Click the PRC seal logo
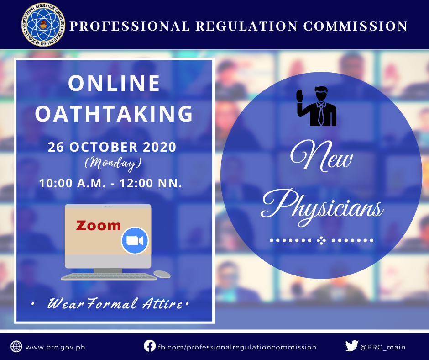point(43,25)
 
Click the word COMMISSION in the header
point(356,26)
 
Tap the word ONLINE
point(114,83)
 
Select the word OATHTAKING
point(114,113)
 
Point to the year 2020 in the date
point(160,147)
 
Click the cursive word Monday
point(113,164)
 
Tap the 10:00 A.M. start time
point(72,183)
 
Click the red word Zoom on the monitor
point(99,226)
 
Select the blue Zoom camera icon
point(135,241)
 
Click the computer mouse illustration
point(162,274)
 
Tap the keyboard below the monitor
point(109,276)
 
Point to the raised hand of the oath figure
point(300,96)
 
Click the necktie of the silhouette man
point(321,115)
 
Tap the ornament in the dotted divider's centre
point(321,241)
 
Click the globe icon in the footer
point(16,347)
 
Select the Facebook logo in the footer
point(150,346)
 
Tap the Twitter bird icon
point(352,346)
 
